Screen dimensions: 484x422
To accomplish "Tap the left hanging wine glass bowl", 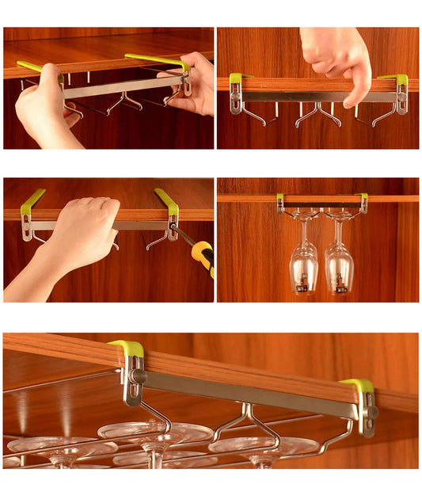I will click(x=304, y=266).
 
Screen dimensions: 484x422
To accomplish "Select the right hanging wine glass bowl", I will click(x=339, y=268).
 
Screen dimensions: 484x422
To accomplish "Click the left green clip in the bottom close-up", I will click(x=127, y=349).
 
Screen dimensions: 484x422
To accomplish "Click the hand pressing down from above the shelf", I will click(x=336, y=59).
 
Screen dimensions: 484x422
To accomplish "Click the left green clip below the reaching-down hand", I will click(x=235, y=78).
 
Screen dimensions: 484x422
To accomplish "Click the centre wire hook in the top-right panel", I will click(x=318, y=112).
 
